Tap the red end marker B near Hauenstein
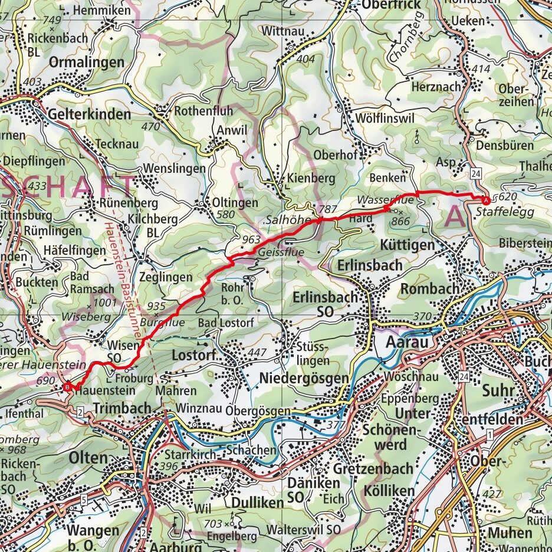click(68, 387)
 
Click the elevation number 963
click(250, 240)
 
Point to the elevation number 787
click(326, 209)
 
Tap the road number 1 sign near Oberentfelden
click(490, 435)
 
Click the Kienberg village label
click(311, 178)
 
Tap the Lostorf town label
click(195, 355)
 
